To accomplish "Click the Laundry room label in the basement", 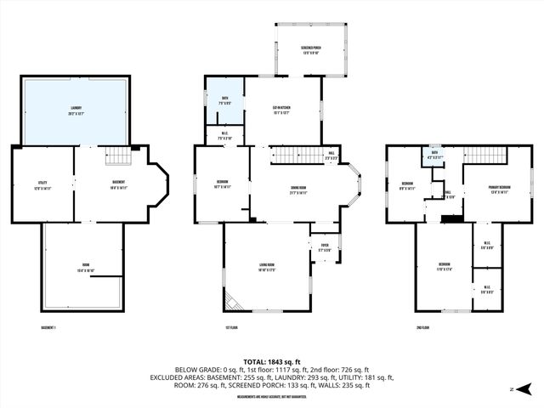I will coord(76,110).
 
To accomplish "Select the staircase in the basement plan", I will coord(119,156).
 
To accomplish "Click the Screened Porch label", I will coord(310,49).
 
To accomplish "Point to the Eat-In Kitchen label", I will coord(283,109).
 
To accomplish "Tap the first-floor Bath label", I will coord(225,100).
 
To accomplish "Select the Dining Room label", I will coord(297,191).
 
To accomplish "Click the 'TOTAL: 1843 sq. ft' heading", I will coord(272,361).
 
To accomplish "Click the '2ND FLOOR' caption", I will coord(423,327).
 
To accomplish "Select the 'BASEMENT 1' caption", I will coord(53,327).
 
